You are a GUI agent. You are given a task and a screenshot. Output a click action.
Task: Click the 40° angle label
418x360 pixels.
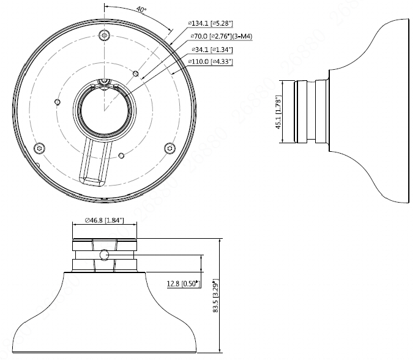click(141, 9)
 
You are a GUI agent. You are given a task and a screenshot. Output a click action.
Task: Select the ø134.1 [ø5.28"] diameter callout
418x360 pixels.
click(211, 23)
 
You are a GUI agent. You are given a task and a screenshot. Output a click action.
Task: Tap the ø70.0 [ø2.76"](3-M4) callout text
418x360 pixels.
click(222, 36)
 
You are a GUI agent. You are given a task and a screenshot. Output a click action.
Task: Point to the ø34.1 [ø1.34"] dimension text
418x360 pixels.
click(212, 50)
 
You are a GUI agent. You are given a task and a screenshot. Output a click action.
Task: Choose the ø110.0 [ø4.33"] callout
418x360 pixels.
click(211, 62)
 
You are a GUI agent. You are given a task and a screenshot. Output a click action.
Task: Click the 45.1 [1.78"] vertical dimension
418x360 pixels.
click(278, 112)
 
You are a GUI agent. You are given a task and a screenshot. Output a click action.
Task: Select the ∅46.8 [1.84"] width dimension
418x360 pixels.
click(105, 220)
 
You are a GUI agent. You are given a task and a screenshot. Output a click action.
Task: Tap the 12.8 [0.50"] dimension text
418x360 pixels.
click(184, 283)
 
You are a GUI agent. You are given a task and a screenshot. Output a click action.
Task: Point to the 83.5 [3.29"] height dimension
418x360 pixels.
click(215, 296)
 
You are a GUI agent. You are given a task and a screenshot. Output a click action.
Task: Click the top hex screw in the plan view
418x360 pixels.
click(104, 35)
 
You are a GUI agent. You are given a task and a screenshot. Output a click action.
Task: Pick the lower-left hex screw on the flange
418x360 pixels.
click(39, 148)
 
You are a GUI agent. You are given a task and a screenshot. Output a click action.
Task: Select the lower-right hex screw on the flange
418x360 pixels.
click(170, 148)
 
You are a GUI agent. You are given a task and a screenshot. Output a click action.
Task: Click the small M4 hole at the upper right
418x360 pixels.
click(136, 73)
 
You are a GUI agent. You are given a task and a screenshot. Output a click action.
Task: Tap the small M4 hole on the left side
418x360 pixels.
click(58, 102)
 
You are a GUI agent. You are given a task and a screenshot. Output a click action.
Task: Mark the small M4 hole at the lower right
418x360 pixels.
click(121, 155)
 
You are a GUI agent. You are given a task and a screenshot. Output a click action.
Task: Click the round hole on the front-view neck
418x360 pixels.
click(104, 255)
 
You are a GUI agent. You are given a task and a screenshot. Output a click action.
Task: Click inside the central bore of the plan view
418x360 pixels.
click(105, 110)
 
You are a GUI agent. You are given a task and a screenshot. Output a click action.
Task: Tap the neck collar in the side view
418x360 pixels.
click(311, 111)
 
